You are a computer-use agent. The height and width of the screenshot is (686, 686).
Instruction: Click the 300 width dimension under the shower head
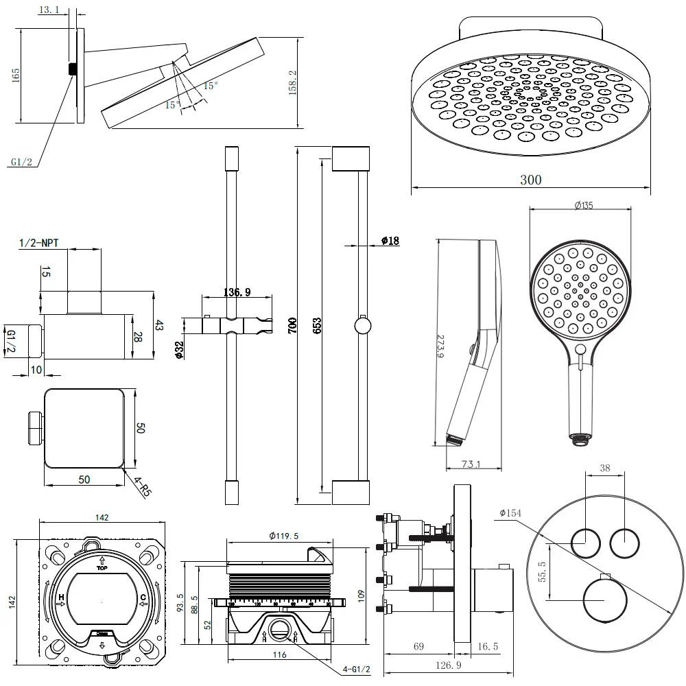pos(530,180)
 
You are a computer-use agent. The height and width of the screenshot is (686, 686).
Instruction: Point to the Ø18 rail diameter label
pos(390,241)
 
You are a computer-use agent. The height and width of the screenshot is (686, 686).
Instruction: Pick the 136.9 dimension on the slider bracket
pos(237,292)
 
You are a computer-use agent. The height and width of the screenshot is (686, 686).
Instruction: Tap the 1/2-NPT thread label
pos(38,242)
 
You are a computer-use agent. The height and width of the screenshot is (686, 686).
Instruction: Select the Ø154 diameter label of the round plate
pos(512,513)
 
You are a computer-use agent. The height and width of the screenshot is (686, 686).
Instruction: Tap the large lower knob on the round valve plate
pos(604,600)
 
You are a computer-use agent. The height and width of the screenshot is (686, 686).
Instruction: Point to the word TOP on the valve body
pos(103,569)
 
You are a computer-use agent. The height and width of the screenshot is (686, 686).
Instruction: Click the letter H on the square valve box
pos(61,598)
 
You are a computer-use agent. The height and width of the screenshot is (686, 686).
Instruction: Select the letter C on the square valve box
pos(143,598)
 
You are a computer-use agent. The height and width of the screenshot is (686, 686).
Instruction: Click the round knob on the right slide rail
pos(362,325)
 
